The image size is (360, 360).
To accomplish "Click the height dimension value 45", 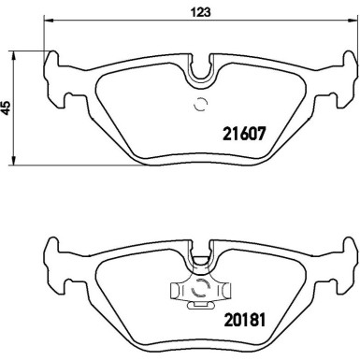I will click(8, 108).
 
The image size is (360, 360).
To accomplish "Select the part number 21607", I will click(246, 134).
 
